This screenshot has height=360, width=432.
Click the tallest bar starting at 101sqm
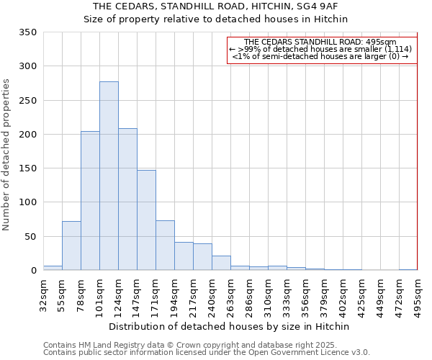pos(109,176)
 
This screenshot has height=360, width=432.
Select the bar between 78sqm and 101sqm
pos(90,201)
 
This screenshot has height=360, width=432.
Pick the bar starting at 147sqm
pos(146,220)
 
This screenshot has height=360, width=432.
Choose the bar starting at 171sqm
pos(165,246)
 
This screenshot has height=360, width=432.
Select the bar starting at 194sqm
pos(184,256)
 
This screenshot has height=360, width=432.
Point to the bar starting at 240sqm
pos(221,263)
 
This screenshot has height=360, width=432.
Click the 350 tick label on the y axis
pos(27,32)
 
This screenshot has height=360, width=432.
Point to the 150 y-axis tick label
pos(27,168)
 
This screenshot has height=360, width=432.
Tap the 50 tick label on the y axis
pos(30,237)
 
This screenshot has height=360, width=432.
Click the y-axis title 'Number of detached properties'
pos(7,155)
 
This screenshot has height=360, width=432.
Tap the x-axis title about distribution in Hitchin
pos(230,326)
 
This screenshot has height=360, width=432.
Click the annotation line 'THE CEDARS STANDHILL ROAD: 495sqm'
pos(320,42)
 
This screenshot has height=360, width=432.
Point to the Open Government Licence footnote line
pos(207,353)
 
